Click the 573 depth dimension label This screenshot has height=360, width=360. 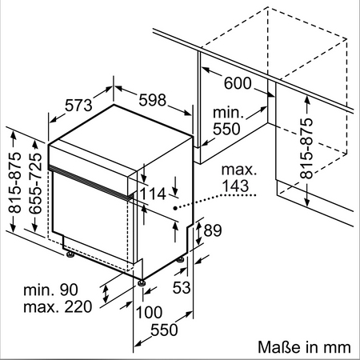[78, 105]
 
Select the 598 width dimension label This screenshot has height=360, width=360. [153, 100]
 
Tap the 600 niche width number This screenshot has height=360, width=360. [238, 83]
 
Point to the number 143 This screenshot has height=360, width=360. [235, 186]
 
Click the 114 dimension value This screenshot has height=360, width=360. [153, 194]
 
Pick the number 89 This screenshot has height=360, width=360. [213, 230]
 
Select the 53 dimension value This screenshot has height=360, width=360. [182, 287]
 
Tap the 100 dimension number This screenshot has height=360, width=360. [149, 312]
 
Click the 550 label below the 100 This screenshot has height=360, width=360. [164, 330]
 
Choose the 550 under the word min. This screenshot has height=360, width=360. [226, 129]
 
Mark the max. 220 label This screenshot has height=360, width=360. [58, 307]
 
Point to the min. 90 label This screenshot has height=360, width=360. [50, 290]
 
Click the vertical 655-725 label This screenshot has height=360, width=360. [36, 183]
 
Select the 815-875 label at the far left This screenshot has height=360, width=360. [14, 182]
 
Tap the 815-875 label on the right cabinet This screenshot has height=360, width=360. [306, 148]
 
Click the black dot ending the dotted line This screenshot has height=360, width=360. [175, 208]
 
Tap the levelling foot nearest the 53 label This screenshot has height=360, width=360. [181, 259]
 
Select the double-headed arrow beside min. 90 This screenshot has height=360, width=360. [106, 294]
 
